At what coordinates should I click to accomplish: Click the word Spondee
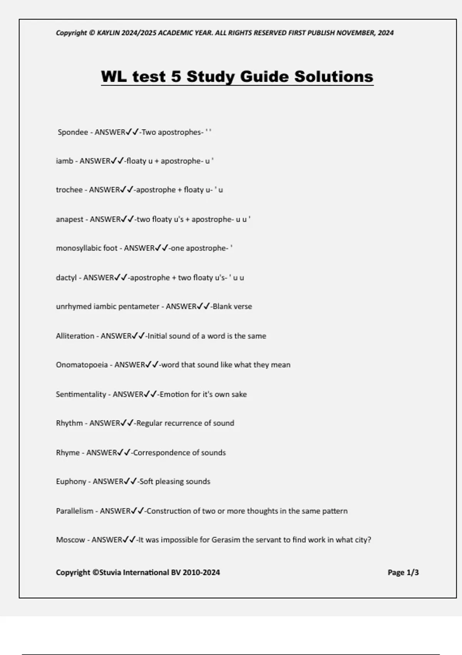(73, 132)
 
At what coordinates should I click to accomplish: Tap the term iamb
(64, 161)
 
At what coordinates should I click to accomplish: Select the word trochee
(69, 190)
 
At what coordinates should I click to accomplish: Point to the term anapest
(70, 219)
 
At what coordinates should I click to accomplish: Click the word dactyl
(66, 277)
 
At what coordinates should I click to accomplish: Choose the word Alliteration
(75, 336)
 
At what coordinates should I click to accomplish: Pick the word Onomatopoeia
(82, 365)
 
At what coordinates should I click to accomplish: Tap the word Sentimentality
(81, 394)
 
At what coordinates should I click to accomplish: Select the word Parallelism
(75, 511)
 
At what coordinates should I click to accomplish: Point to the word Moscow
(70, 540)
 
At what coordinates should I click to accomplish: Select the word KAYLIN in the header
(109, 33)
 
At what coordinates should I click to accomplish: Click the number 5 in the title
(176, 76)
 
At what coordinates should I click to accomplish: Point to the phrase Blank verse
(232, 307)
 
